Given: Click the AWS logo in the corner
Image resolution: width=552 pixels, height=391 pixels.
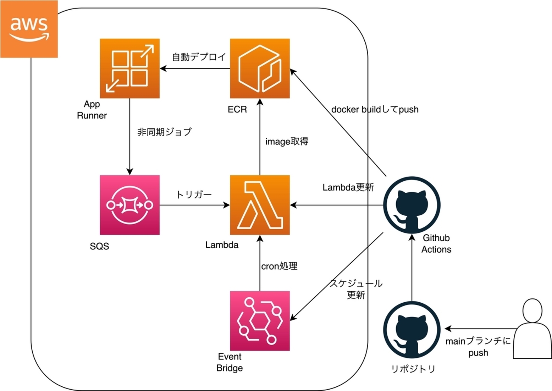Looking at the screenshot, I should pyautogui.click(x=29, y=28).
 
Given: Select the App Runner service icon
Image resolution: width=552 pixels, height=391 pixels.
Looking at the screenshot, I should pyautogui.click(x=129, y=68).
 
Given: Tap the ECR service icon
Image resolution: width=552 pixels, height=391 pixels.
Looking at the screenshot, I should pyautogui.click(x=259, y=68).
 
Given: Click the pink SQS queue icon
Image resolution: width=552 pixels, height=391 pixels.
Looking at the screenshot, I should pyautogui.click(x=129, y=205).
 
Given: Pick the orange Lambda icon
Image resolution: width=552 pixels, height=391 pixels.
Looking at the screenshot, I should pyautogui.click(x=259, y=205).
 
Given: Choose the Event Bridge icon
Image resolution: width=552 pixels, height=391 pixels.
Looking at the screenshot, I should pyautogui.click(x=259, y=321).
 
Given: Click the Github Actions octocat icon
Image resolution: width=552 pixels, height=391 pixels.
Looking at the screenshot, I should pyautogui.click(x=411, y=205).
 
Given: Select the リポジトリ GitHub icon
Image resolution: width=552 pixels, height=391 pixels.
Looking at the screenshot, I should pyautogui.click(x=411, y=329).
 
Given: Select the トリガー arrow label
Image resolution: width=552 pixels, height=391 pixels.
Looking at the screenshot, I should pyautogui.click(x=194, y=194).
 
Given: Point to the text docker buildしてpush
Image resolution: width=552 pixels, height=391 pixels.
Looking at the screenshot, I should pyautogui.click(x=375, y=110).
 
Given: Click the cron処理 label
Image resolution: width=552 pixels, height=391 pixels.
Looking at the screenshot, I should pyautogui.click(x=279, y=267).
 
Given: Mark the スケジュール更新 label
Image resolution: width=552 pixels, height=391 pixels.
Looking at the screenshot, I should pyautogui.click(x=356, y=289).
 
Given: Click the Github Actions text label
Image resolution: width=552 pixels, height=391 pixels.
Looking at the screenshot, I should pyautogui.click(x=436, y=244).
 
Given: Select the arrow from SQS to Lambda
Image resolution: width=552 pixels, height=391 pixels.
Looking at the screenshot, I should pyautogui.click(x=194, y=205).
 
